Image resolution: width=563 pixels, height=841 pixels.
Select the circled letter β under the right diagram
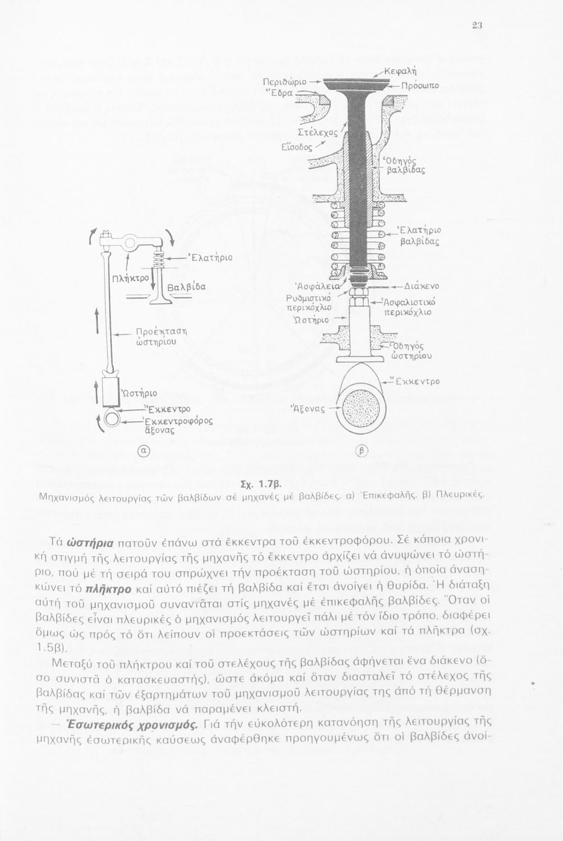click(x=362, y=450)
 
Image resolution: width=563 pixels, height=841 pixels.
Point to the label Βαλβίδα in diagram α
click(x=187, y=287)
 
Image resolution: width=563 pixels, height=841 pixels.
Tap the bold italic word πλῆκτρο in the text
click(x=110, y=589)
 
